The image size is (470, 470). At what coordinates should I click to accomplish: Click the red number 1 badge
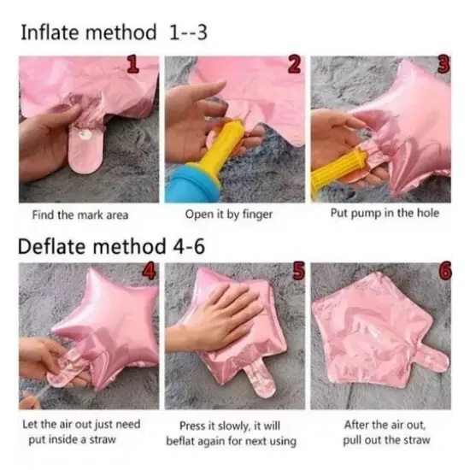pos(133,65)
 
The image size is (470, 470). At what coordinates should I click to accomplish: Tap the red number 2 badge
pos(294,65)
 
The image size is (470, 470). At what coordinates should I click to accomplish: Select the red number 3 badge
pos(444,64)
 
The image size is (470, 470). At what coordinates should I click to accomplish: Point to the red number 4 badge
pos(149,271)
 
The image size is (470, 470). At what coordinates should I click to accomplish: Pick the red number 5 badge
pos(297,270)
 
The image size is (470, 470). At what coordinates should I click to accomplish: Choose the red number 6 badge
pos(445,270)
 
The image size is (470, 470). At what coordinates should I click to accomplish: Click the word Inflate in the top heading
pos(51,32)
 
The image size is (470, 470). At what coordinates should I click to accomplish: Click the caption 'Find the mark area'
pos(80,214)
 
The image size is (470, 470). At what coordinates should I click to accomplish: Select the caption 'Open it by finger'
pos(229,214)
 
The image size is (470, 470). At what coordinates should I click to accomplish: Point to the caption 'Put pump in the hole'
pos(385,213)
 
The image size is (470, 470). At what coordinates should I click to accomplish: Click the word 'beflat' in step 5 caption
pos(180,441)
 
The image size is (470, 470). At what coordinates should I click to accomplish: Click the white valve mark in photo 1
pos(85,134)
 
